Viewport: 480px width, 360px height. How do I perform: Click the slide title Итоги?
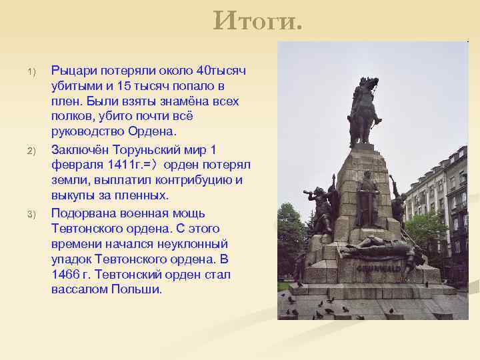[x=257, y=22]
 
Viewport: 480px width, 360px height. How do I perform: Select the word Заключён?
[x=80, y=149]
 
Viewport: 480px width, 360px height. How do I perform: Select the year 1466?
[x=65, y=275]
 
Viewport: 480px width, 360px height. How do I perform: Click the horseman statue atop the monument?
[x=364, y=110]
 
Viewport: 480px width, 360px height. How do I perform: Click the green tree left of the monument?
[x=290, y=233]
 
